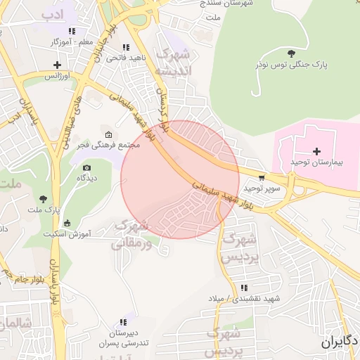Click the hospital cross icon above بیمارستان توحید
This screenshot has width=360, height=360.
click(316, 151)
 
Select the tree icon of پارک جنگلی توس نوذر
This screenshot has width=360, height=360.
click(291, 53)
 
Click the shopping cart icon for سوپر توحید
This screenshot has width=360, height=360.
click(262, 179)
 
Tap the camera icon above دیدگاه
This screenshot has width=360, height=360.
click(86, 168)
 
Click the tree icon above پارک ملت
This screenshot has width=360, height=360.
click(44, 200)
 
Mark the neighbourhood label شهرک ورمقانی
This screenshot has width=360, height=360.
click(130, 235)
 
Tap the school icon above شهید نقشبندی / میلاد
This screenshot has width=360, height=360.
click(244, 288)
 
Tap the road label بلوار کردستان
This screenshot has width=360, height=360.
click(165, 112)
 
